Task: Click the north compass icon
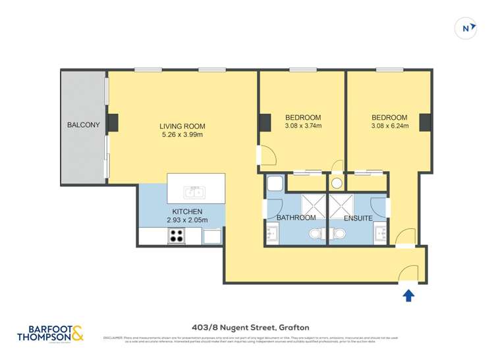click(x=466, y=28)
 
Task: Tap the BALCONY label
click(x=83, y=124)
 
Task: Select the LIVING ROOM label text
click(x=182, y=126)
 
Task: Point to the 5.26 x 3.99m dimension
click(x=182, y=135)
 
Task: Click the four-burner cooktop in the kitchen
click(x=177, y=236)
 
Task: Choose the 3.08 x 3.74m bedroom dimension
click(x=302, y=126)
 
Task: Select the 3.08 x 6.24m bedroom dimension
click(x=390, y=126)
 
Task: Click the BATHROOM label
click(x=296, y=218)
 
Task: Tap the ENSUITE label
click(x=358, y=218)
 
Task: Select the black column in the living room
click(x=113, y=122)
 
